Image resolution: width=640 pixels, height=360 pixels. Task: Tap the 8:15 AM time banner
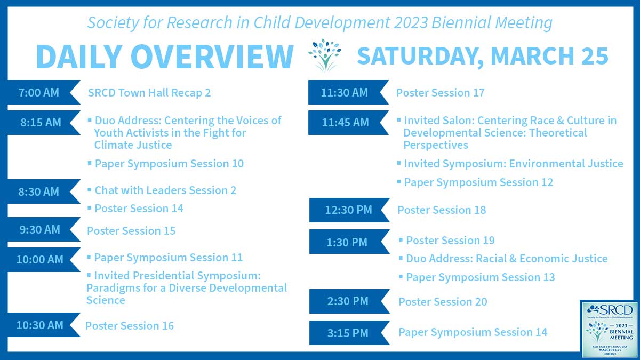tap(40, 122)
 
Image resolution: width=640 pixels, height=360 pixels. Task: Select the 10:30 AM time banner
tap(40, 325)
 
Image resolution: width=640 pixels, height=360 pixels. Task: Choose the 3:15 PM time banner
tap(347, 333)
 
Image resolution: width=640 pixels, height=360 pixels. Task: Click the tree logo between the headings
tap(325, 55)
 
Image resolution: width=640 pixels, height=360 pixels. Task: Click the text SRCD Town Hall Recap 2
tap(149, 93)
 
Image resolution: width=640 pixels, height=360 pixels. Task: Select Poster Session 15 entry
tap(131, 231)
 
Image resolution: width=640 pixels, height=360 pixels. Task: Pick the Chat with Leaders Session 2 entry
tap(165, 190)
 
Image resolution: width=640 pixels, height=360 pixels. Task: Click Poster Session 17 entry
tap(441, 93)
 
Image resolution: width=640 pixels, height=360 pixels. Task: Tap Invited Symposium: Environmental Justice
tap(513, 164)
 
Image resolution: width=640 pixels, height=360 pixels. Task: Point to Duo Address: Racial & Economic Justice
tap(507, 259)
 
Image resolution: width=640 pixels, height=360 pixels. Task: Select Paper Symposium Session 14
tap(473, 332)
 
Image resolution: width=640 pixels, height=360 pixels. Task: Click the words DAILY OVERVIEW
tap(165, 56)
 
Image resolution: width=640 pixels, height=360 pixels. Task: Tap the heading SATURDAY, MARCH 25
tap(483, 56)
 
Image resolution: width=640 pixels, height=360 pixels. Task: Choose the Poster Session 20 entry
tap(443, 302)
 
